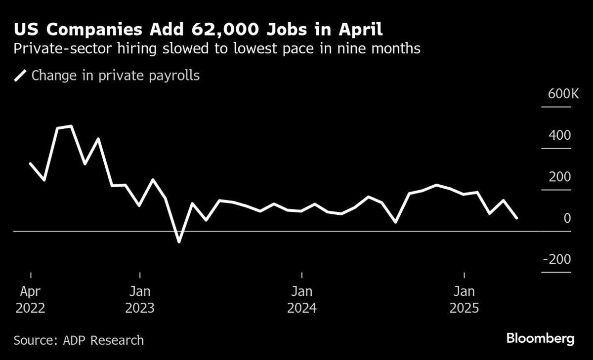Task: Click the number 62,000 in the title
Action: click(x=229, y=30)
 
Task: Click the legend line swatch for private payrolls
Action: click(x=21, y=76)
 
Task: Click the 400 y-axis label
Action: click(x=562, y=136)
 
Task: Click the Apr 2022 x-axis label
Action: click(x=31, y=299)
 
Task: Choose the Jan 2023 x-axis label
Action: click(x=140, y=299)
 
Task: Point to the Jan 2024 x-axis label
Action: click(x=302, y=299)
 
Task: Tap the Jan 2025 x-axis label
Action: click(x=464, y=299)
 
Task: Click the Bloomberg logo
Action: click(x=540, y=339)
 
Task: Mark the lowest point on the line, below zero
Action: click(x=179, y=242)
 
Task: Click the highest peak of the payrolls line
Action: click(x=72, y=126)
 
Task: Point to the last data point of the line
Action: click(x=517, y=218)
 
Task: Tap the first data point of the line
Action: click(x=31, y=163)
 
